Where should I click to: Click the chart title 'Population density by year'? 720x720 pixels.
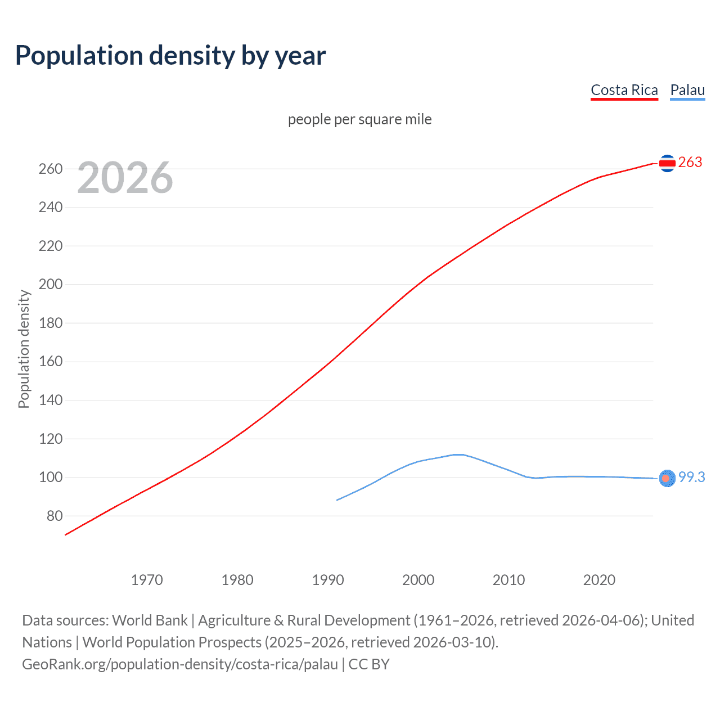170,56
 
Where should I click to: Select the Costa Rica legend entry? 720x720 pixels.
624,90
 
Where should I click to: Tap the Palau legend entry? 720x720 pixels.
687,90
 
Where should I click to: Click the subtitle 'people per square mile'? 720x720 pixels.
359,119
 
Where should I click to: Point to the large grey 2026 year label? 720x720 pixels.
125,178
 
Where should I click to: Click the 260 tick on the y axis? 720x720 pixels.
51,169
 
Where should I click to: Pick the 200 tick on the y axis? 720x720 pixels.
51,285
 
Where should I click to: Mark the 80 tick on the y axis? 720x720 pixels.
55,516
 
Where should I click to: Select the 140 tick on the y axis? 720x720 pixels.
51,400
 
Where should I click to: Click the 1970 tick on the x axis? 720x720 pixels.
147,580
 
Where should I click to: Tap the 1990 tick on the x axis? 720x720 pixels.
328,580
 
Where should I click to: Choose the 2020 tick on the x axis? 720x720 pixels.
599,580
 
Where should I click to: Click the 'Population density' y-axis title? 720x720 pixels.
24,349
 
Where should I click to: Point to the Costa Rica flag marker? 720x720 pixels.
667,163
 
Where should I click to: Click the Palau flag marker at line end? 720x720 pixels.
667,478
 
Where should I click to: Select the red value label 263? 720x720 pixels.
690,163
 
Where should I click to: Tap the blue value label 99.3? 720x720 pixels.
691,477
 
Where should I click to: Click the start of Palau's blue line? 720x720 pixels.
337,499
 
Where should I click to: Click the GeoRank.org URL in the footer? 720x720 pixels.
180,664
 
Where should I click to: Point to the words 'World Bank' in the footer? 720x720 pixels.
150,620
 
